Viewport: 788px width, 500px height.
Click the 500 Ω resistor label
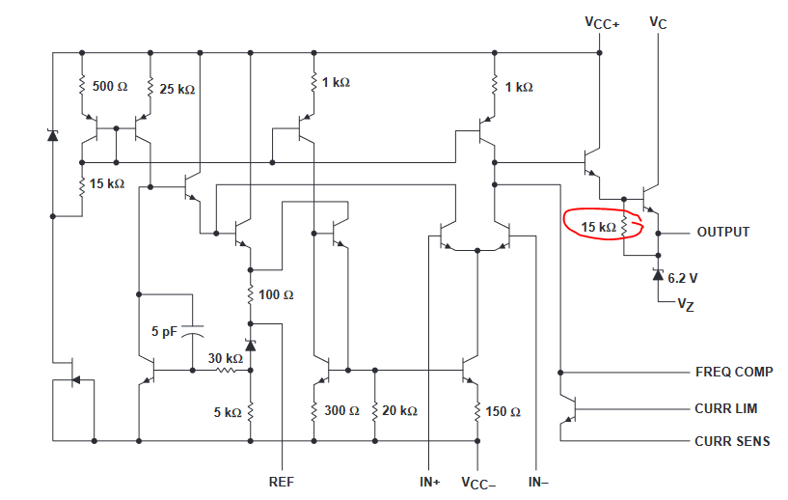tap(110, 87)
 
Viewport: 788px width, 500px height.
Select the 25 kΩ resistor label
tap(177, 90)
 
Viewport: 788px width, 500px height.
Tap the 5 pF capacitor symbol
tap(192, 330)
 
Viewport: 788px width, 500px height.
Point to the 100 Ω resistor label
tap(276, 294)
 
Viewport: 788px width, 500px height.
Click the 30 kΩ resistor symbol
tap(226, 371)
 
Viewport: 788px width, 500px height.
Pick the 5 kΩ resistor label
tap(228, 412)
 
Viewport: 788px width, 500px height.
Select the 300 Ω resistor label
tap(341, 410)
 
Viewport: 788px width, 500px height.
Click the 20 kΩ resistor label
tap(399, 411)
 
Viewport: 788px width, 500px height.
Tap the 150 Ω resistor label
tap(503, 412)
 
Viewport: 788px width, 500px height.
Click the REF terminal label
tap(282, 482)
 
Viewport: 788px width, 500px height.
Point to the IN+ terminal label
tap(430, 482)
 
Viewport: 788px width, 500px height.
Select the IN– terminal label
tap(538, 482)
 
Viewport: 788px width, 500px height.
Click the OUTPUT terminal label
tap(723, 232)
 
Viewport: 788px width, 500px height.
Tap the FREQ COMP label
tap(734, 372)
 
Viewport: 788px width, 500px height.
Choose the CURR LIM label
tap(725, 408)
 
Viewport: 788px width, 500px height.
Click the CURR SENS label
tap(732, 441)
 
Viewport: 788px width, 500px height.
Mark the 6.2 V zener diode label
tap(683, 278)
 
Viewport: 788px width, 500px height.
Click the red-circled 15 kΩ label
tap(599, 228)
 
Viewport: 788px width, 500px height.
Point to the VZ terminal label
tap(686, 305)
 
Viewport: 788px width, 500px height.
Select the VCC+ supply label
tap(602, 23)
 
